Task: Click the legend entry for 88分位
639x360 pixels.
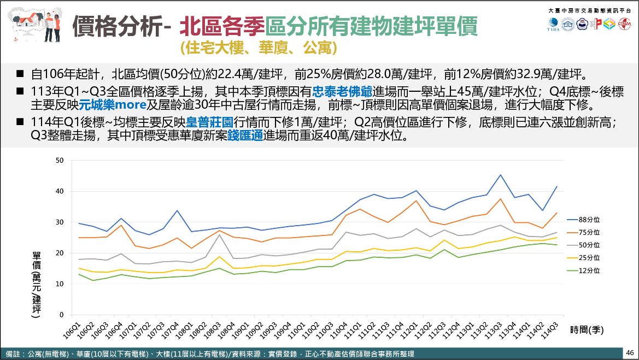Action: click(588, 220)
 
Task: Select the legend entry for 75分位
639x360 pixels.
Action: click(588, 232)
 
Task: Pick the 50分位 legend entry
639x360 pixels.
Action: click(588, 245)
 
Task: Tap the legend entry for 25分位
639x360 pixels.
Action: click(588, 257)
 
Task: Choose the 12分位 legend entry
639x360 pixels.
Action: click(588, 270)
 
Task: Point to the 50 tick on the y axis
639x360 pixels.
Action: click(60, 161)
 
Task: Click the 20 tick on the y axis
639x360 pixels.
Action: click(60, 253)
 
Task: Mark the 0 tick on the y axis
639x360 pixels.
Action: click(62, 315)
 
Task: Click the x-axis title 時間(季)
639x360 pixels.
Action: click(587, 329)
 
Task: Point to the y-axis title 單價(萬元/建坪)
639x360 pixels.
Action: click(37, 284)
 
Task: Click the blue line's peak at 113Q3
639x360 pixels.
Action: click(501, 175)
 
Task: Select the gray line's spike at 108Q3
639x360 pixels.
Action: click(219, 234)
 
